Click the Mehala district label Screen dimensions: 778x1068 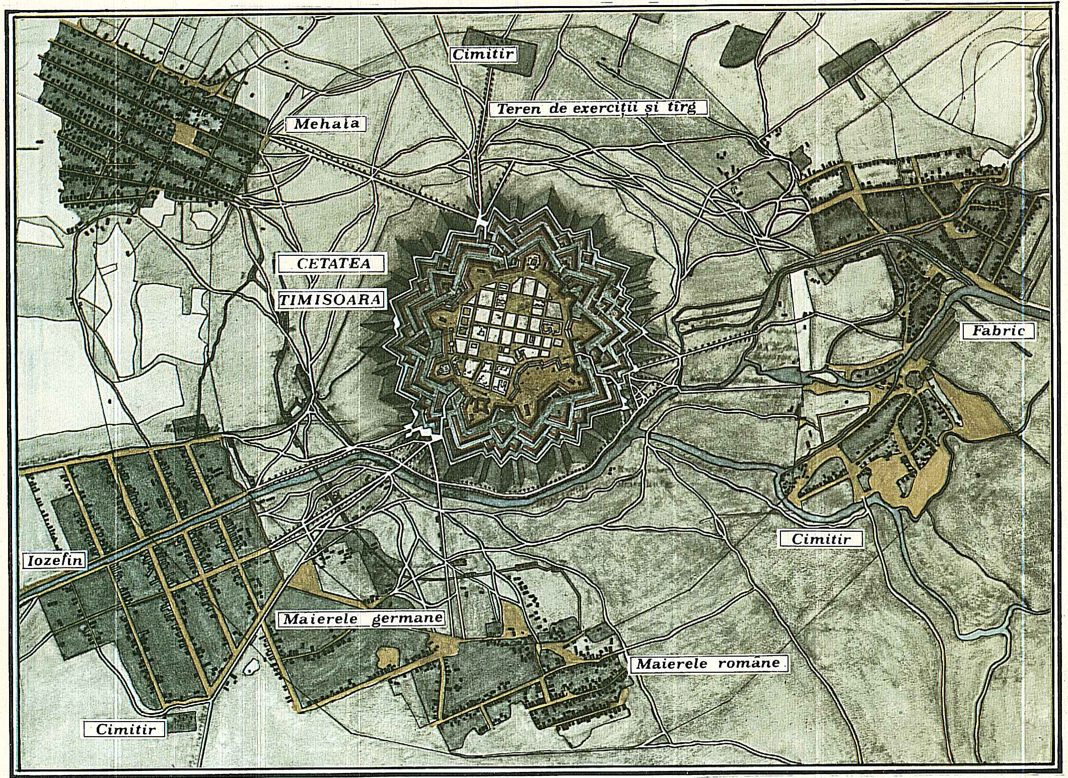(325, 124)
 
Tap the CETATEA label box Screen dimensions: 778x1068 (333, 263)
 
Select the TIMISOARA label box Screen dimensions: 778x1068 (331, 300)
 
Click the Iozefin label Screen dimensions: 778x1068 (54, 560)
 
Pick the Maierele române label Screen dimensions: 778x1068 (708, 663)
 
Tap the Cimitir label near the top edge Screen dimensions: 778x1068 (483, 54)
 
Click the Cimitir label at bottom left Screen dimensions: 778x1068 (125, 729)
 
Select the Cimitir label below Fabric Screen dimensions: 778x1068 (821, 539)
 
